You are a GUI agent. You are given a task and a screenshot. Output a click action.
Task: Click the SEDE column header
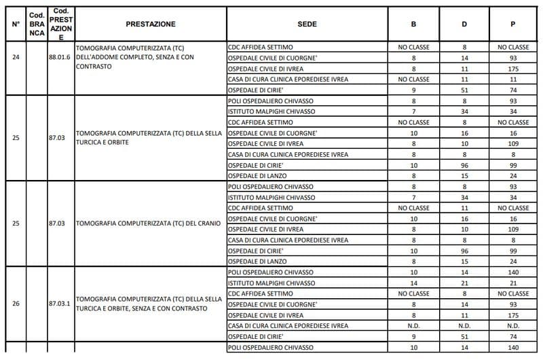click(307, 24)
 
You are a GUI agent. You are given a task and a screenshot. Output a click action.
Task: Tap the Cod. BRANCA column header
click(37, 24)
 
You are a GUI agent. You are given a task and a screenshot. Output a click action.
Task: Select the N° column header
click(16, 24)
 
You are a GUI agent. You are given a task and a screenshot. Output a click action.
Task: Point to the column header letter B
click(413, 24)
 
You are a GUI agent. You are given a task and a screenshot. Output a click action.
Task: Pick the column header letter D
click(464, 24)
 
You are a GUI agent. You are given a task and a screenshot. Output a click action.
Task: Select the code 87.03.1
click(60, 304)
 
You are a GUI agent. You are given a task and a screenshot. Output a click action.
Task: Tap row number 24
click(16, 58)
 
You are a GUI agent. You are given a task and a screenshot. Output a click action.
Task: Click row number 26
click(16, 304)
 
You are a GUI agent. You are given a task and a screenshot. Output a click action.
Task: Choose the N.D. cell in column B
click(413, 325)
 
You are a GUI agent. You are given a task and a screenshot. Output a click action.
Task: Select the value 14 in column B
click(413, 283)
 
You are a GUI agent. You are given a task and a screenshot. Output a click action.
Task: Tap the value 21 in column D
click(464, 283)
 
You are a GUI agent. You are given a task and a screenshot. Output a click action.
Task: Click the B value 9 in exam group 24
click(413, 90)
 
